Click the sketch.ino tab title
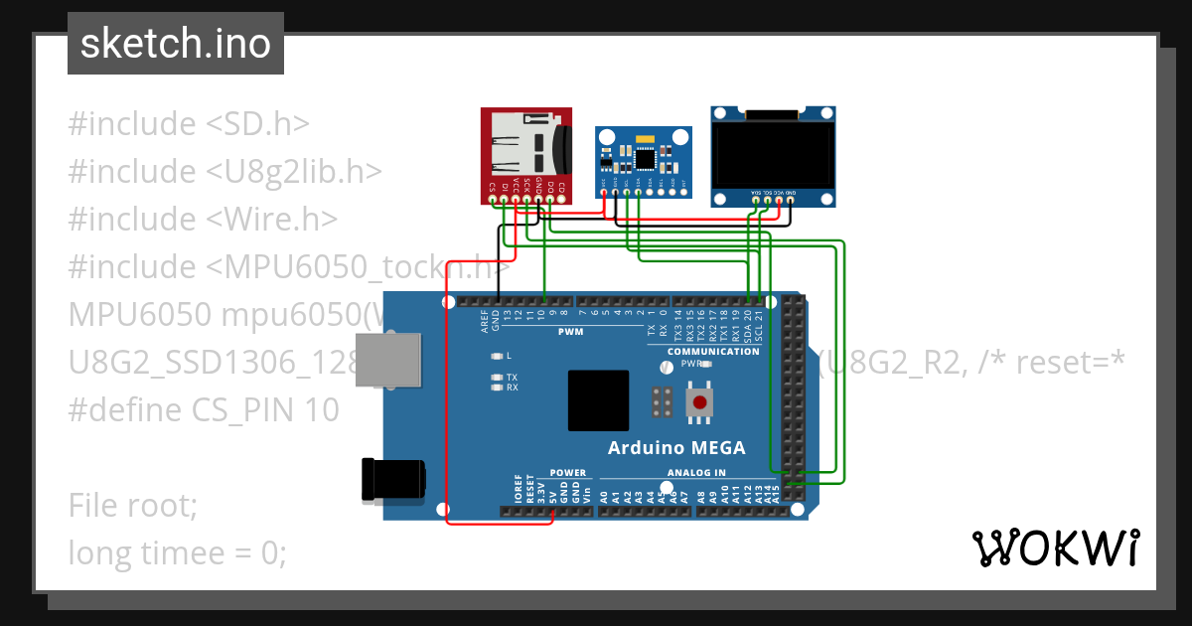[175, 44]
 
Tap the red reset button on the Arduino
[701, 402]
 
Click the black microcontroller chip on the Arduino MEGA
[598, 400]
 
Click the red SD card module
[526, 154]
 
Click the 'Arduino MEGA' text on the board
[675, 447]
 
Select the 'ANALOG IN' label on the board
[696, 473]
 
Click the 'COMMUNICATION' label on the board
[713, 352]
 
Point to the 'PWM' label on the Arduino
[570, 332]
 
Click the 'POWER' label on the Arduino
[568, 473]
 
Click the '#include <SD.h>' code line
[189, 124]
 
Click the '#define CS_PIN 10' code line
[204, 409]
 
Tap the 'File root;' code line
[133, 505]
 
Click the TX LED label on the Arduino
[512, 378]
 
